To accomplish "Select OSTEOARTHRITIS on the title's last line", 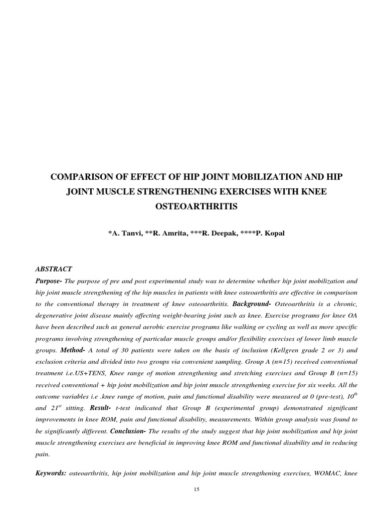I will pyautogui.click(x=192, y=206).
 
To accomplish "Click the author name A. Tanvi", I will pyautogui.click(x=124, y=233).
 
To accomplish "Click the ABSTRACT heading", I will pyautogui.click(x=54, y=269).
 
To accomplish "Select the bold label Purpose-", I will pyautogui.click(x=49, y=281).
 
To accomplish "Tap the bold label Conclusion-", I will pyautogui.click(x=128, y=430).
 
